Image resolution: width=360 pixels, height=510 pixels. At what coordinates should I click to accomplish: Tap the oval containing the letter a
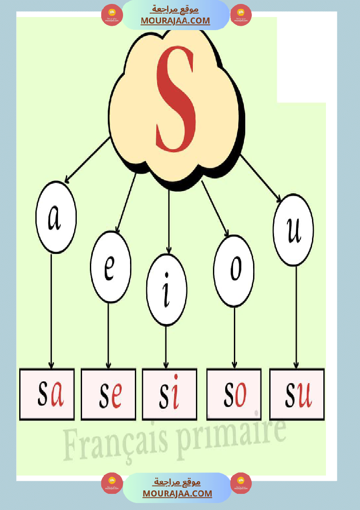click(56, 217)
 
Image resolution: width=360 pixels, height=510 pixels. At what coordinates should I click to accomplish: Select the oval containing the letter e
click(110, 267)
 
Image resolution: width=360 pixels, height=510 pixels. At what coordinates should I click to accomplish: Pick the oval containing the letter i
click(167, 290)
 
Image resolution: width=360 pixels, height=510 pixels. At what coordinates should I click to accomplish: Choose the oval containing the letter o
click(234, 271)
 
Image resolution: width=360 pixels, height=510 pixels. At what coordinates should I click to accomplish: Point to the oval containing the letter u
click(293, 230)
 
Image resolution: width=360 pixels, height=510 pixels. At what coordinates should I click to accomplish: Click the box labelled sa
click(47, 394)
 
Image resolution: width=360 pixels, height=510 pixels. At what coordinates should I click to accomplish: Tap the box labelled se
click(108, 394)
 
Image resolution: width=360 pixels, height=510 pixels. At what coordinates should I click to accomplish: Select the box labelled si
click(169, 394)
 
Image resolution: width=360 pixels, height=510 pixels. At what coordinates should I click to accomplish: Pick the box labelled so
click(234, 394)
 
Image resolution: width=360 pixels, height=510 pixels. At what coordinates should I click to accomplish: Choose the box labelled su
click(297, 394)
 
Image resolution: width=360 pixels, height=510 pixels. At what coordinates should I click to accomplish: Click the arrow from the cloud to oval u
click(261, 178)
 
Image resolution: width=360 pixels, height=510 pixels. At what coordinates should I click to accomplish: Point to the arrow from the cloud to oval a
click(87, 160)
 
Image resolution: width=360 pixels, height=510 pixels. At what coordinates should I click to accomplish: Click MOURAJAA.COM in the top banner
click(175, 21)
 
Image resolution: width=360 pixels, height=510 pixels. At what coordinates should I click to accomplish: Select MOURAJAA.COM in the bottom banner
click(177, 493)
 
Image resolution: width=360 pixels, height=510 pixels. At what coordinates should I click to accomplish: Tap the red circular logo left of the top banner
click(112, 15)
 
